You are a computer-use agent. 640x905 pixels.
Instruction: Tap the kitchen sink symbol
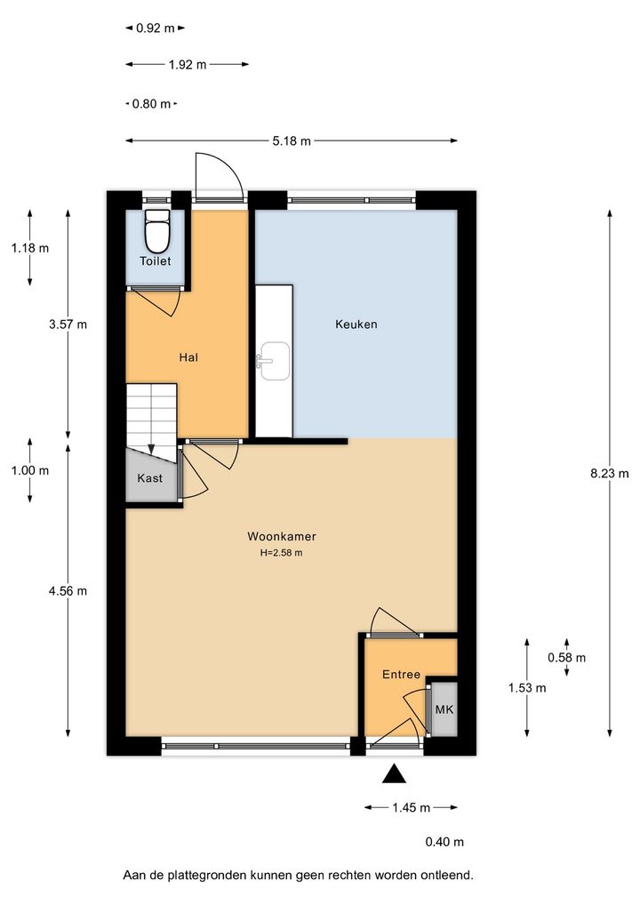coord(274,361)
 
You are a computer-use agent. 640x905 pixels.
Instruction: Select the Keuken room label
coord(356,324)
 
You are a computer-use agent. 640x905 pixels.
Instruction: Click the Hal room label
coord(188,358)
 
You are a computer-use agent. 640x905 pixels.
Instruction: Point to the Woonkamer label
coord(282,536)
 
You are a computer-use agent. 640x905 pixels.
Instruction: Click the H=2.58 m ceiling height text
coord(282,552)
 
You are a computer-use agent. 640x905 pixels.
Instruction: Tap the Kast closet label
coord(149,478)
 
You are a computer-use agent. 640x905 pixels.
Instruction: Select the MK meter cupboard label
coord(444,709)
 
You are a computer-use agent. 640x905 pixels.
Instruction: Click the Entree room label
coord(401,674)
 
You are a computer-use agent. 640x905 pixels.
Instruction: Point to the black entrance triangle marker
coord(394,774)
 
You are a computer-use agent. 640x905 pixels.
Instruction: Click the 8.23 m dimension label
coord(610,474)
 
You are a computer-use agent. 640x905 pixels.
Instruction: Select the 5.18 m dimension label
coord(292,140)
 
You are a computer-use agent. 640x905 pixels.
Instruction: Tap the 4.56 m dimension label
coord(68,591)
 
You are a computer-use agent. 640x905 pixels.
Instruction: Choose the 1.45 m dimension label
coord(411,808)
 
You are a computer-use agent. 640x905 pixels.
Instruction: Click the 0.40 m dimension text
coord(444,842)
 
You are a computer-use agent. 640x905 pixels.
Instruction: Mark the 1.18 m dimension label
coord(30,248)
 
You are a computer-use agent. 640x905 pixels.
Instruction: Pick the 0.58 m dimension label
coord(567,657)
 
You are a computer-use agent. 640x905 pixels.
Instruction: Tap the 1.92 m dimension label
coord(188,65)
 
